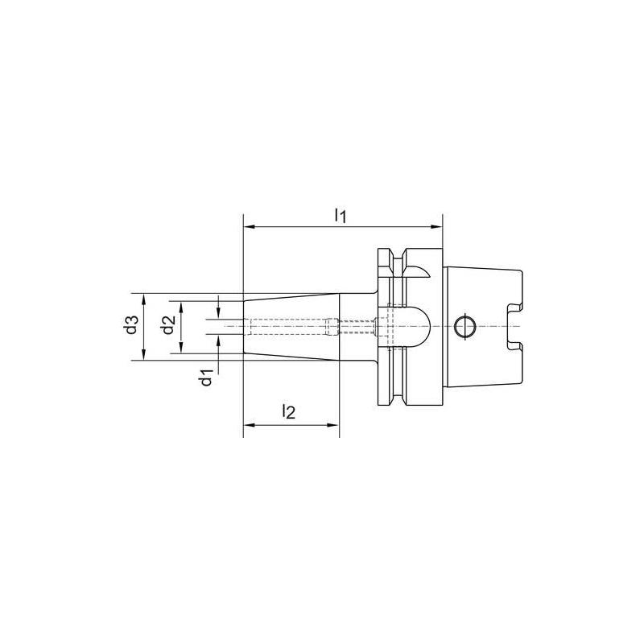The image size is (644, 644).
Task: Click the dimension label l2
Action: [290, 412]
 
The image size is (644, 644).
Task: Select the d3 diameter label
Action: [131, 327]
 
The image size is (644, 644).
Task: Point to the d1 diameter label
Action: [207, 376]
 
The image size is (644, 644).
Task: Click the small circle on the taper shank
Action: [464, 326]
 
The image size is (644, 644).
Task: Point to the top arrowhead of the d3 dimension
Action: [144, 298]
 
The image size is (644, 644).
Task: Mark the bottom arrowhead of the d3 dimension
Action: [144, 355]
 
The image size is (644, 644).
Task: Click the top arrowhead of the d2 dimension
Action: [181, 306]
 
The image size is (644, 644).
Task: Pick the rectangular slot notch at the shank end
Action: [517, 326]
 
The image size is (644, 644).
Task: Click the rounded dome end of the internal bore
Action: [423, 326]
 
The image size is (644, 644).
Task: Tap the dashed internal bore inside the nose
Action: [290, 326]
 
